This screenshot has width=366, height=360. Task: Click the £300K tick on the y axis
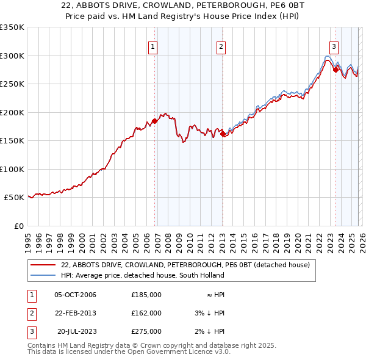[12, 56]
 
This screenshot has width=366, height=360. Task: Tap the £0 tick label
[18, 226]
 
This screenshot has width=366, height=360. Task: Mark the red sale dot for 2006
[154, 121]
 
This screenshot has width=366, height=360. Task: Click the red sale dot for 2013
[223, 134]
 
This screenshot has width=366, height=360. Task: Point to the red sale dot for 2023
[335, 70]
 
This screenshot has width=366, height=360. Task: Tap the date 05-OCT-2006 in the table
[75, 295]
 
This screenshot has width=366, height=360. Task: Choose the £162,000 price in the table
[146, 313]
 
